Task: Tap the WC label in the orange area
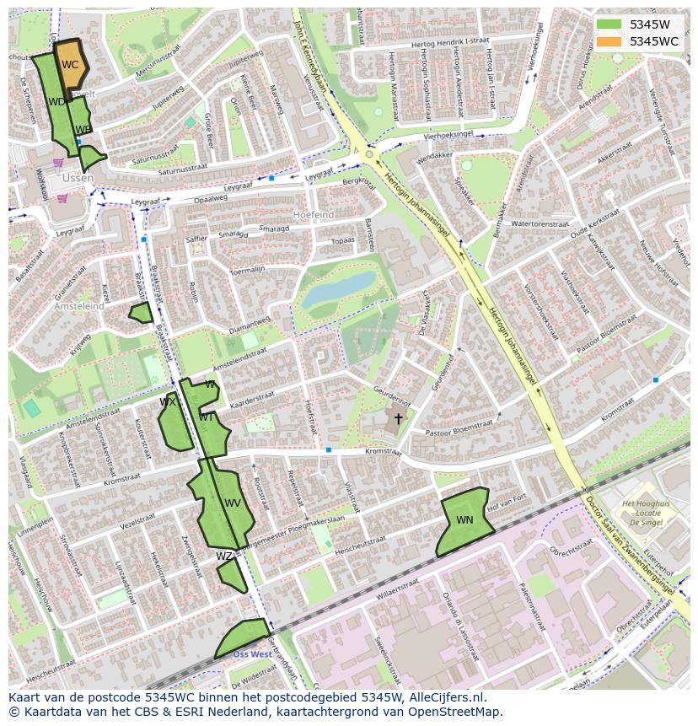point(70,65)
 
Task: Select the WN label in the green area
point(464,520)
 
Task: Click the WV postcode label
point(233,503)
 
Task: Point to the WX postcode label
point(168,402)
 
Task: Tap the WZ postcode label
point(223,557)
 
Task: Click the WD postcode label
point(56,102)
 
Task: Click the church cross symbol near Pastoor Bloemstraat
point(398,418)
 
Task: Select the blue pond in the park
point(339,289)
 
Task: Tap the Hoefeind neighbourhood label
point(313,215)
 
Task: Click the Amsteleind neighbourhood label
point(79,307)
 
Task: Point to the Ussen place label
point(77,178)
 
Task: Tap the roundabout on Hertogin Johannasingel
point(368,154)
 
